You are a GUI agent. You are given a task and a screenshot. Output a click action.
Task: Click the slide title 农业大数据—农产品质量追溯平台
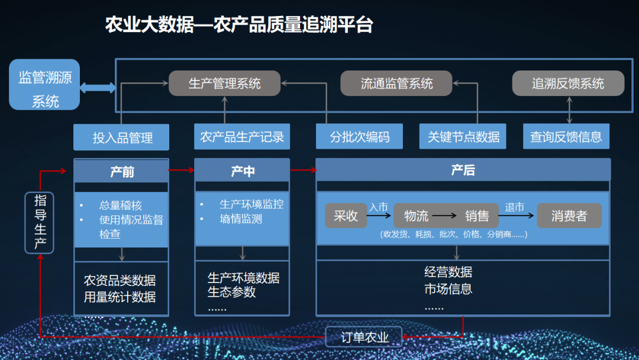point(239,25)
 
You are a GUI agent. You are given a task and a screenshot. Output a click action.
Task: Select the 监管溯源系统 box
point(44,85)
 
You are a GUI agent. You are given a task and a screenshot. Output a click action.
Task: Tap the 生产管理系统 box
point(224,83)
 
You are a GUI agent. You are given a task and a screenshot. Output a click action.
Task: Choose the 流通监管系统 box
point(396,83)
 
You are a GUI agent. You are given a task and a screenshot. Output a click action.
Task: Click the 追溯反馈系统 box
point(568,83)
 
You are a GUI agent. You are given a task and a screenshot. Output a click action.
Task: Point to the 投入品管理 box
point(122,137)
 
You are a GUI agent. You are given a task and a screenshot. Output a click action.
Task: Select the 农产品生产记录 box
point(242,137)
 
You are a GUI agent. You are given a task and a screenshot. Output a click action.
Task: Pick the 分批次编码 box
point(360,137)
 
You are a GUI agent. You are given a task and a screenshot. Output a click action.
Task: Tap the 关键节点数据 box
point(463,137)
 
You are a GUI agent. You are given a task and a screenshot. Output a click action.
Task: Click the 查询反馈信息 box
point(566,137)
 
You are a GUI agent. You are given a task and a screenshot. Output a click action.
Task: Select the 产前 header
point(122,171)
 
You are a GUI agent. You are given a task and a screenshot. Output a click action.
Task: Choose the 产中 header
point(242,171)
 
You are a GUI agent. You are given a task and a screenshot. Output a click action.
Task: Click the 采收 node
point(346,216)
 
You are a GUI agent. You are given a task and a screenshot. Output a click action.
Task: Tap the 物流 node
point(416,216)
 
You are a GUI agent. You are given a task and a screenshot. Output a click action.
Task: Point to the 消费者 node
point(569,216)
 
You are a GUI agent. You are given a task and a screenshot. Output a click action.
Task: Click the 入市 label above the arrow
point(379,207)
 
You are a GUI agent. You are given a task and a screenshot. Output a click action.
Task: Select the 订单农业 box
point(364,337)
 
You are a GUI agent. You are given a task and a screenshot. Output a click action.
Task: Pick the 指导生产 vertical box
point(40,223)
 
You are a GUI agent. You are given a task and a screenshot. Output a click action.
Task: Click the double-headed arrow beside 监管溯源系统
point(98,88)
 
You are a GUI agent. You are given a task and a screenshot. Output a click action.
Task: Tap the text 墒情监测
point(241,218)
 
